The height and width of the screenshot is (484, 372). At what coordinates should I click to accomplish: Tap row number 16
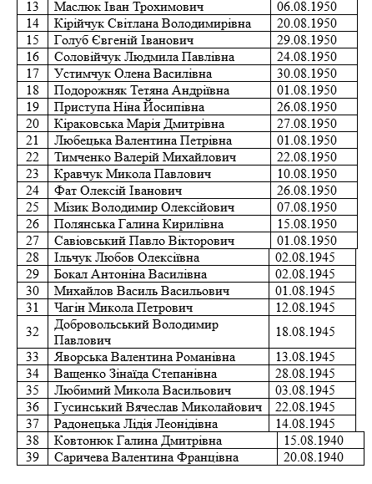(x=33, y=57)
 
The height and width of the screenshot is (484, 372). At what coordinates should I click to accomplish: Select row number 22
(x=33, y=156)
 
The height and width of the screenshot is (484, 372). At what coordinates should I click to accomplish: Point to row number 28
(x=33, y=257)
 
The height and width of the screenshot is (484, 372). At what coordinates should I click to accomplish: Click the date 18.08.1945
(x=306, y=331)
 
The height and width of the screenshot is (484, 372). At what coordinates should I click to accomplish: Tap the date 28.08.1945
(x=306, y=373)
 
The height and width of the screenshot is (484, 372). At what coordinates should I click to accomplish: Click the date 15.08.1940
(x=314, y=441)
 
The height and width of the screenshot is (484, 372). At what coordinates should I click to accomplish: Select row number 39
(x=33, y=457)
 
